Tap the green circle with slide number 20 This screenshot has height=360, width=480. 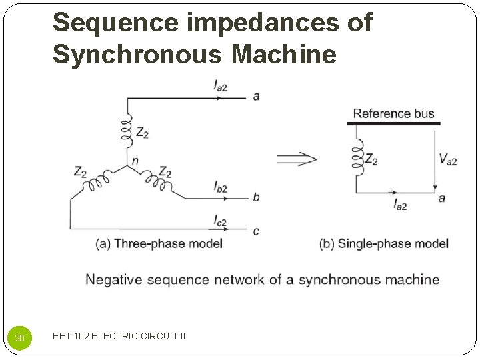point(20,338)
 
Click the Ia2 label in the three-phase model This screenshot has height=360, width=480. point(221,85)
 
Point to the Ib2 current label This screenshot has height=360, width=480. point(220,187)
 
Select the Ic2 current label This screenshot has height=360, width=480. point(220,220)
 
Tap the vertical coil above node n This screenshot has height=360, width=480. point(127,130)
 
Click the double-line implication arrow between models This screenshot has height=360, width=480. point(297,159)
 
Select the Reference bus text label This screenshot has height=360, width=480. point(393,113)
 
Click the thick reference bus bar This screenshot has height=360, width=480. point(393,123)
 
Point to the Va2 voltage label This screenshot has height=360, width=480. point(447,159)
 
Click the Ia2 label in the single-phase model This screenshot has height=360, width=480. point(400,205)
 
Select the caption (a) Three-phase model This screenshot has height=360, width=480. point(159,243)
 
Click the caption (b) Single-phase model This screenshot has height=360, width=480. point(384,243)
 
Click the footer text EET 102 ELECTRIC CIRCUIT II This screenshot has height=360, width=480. point(119,336)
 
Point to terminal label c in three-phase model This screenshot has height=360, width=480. point(256,231)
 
